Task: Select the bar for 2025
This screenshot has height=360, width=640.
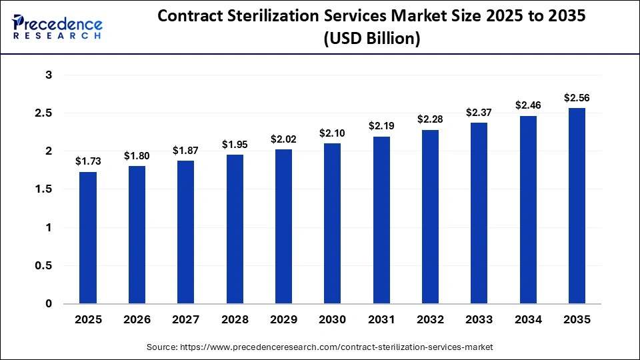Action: pos(88,238)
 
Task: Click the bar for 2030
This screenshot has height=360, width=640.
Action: pos(332,224)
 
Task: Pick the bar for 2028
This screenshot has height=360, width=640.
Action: pos(235,229)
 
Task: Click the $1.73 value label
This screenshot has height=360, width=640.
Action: pos(88,161)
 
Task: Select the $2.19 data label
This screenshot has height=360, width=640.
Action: pos(381,126)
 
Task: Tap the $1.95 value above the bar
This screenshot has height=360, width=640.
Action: pos(235,145)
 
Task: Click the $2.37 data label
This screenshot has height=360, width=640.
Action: pos(479,112)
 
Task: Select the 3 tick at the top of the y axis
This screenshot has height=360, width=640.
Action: pos(48,75)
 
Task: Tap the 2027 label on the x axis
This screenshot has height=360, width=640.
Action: pos(185,319)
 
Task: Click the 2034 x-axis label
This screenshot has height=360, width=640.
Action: pos(527,319)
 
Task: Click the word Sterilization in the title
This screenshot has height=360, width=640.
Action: pos(283,17)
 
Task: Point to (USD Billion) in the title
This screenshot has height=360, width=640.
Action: pos(371,39)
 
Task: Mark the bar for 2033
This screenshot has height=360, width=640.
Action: pos(479,213)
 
